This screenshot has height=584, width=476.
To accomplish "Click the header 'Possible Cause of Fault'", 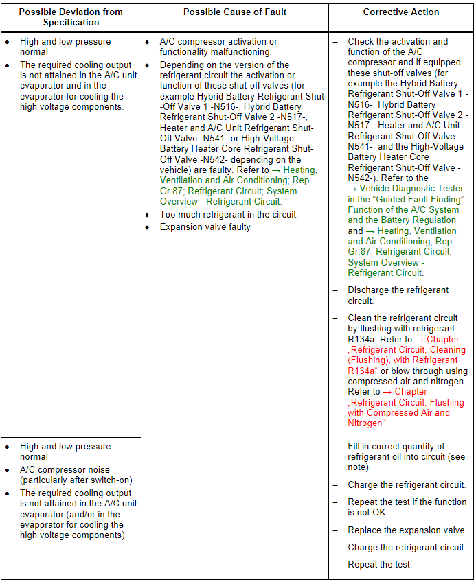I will [x=234, y=12].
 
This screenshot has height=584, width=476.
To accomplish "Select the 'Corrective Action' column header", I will [x=401, y=12].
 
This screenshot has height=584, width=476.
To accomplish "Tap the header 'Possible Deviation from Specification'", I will [x=71, y=17].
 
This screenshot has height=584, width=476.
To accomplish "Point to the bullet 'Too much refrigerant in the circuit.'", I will [x=229, y=215].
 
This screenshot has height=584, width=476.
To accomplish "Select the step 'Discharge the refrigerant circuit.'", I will [x=398, y=295].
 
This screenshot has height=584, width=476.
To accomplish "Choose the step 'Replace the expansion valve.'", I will [x=407, y=530].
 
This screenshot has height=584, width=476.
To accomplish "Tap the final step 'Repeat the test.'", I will [x=379, y=564].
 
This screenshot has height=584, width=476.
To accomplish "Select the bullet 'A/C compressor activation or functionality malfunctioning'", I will [x=218, y=47].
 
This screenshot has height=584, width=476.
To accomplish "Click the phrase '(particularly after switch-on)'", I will [x=76, y=480].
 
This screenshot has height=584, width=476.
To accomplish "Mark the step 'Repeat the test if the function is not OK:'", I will [x=407, y=507].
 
